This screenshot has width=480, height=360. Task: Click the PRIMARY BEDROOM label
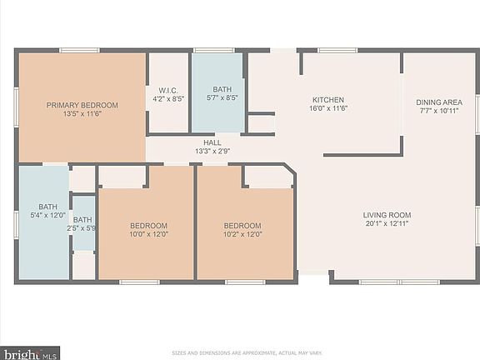pos(82,105)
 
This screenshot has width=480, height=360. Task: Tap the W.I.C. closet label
pos(165,89)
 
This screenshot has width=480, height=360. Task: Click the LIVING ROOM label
pos(387,215)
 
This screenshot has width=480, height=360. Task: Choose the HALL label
pos(212,142)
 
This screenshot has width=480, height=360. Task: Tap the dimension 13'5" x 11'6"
pos(82,114)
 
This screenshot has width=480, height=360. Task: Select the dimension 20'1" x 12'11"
pos(387,224)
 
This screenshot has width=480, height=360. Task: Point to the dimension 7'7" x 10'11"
pos(437,111)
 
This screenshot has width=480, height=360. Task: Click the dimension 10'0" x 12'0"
pos(148,234)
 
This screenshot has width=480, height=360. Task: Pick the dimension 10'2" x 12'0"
pos(242,234)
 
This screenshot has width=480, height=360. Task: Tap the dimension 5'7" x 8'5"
pos(222,97)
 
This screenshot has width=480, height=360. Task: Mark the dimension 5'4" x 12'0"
pos(47,216)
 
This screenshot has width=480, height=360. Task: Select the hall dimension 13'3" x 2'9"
pos(212,151)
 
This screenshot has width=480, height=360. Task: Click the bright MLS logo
pos(30,353)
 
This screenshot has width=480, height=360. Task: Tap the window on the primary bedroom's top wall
pos(79,50)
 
